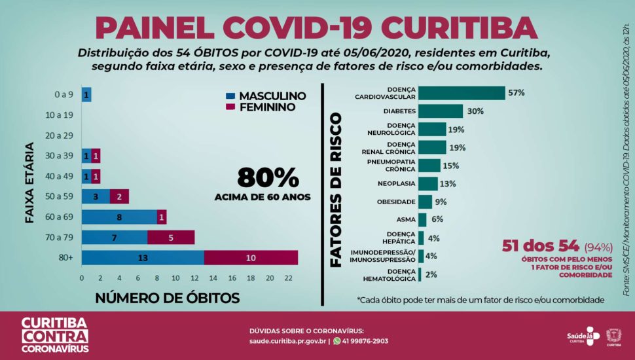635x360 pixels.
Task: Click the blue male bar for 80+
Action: click(143, 258)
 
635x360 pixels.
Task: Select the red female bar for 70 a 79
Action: click(171, 238)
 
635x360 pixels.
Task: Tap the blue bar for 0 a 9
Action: click(86, 95)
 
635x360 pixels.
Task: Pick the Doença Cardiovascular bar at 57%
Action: click(462, 93)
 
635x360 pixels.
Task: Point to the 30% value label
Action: click(475, 111)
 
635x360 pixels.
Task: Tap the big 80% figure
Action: click(268, 177)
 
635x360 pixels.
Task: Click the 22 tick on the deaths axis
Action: click(288, 278)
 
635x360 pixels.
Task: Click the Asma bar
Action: click(422, 220)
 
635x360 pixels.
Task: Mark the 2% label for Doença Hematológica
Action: click(431, 274)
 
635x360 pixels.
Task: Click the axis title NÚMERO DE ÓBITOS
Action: click(168, 298)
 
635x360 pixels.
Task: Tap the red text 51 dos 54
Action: click(540, 247)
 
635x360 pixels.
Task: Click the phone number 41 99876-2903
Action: click(365, 341)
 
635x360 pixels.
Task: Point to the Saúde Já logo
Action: click(583, 334)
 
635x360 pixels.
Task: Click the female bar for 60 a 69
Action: click(162, 217)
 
